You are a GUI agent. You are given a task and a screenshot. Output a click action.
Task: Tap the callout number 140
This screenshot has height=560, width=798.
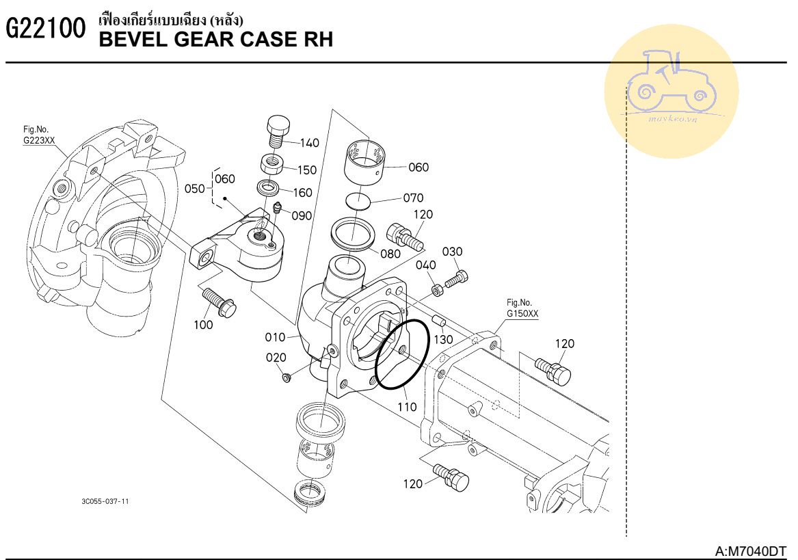[x=309, y=143]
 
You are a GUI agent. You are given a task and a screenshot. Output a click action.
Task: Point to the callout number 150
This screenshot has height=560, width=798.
[x=307, y=170]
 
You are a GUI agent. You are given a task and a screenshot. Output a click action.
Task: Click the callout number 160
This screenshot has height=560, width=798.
[x=302, y=193]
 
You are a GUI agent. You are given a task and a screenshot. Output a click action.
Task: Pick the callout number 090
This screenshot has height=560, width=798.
[x=302, y=215]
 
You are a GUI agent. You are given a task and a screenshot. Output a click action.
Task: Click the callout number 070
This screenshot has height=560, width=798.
[x=413, y=199]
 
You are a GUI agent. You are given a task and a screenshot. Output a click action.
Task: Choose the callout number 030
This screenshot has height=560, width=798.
[x=452, y=252]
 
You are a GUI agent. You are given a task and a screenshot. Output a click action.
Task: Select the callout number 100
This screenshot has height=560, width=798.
[x=203, y=325]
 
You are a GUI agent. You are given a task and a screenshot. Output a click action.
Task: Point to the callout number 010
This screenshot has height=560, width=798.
[x=276, y=337]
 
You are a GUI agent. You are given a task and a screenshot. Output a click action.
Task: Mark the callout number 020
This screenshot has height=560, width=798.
[x=276, y=358]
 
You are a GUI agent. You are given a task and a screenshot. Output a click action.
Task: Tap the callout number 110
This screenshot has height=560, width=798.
[x=408, y=407]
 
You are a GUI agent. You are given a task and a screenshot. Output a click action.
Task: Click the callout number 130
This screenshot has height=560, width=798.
[x=443, y=339]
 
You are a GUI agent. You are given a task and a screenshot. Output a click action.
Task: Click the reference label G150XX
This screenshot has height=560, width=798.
[x=522, y=315]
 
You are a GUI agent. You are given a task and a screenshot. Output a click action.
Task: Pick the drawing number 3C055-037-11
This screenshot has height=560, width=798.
[x=105, y=501]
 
